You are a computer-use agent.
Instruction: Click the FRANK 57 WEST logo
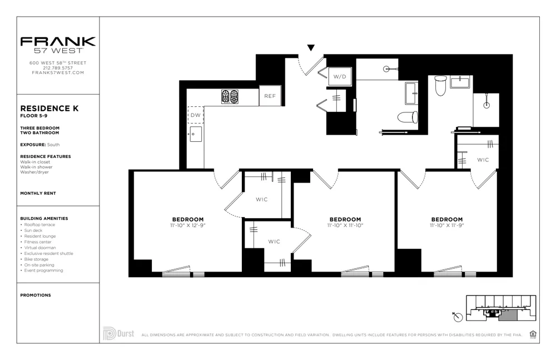(x=58, y=45)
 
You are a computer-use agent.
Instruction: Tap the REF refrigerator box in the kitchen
(x=270, y=96)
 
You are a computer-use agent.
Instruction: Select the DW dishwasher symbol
(x=195, y=115)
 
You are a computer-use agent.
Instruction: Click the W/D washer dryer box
(x=340, y=77)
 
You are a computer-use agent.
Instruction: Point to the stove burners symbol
(x=230, y=96)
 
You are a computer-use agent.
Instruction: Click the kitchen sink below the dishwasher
(x=196, y=134)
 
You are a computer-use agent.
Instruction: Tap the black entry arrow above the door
(x=311, y=48)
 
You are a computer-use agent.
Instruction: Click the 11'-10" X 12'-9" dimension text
(x=188, y=226)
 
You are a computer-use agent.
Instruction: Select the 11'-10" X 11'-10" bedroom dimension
(x=345, y=226)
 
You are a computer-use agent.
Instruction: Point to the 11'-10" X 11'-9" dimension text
(x=446, y=226)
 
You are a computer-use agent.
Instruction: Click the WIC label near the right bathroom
(x=483, y=160)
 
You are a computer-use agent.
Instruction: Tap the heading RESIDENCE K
(x=49, y=109)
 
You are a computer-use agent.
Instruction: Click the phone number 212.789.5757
(x=58, y=68)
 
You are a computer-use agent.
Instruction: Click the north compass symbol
(x=457, y=316)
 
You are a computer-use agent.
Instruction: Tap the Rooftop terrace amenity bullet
(x=38, y=225)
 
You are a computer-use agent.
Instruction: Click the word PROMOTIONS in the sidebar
(x=35, y=295)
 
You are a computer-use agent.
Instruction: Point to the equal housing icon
(x=533, y=334)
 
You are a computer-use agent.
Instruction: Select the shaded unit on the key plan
(x=507, y=316)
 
